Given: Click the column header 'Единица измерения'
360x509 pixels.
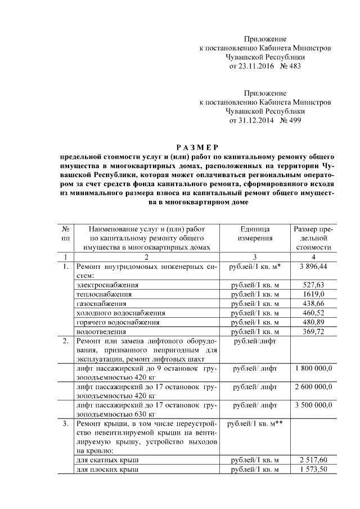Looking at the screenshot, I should tap(255, 233).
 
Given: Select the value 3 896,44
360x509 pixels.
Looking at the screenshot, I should tap(313, 266).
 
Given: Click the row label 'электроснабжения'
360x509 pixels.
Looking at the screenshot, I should tap(107, 285).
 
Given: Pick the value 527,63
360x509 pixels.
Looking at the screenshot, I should tap(313, 285).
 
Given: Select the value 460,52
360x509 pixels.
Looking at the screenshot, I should tap(313, 313).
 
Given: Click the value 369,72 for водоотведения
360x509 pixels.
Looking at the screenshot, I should tap(313, 332).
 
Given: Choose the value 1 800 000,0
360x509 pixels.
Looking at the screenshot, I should tap(313, 368).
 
